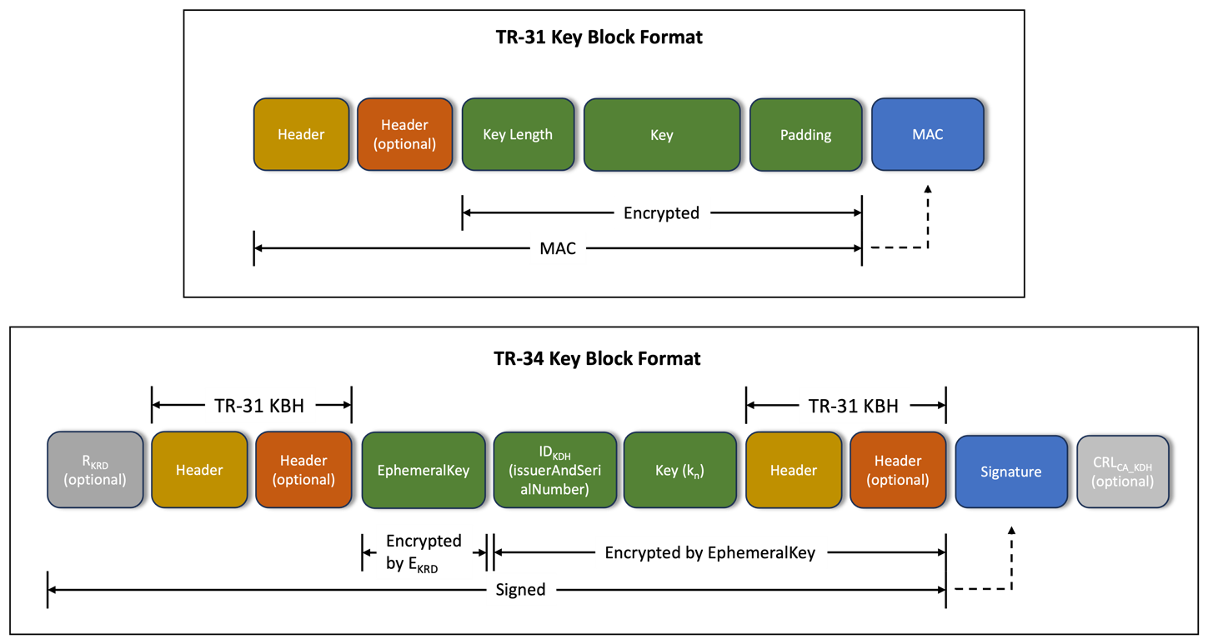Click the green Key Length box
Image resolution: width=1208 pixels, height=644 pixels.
(x=518, y=135)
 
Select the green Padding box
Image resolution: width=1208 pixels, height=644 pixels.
(x=805, y=135)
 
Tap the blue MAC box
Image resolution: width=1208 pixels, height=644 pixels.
(x=927, y=135)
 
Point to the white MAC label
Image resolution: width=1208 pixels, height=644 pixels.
(x=558, y=248)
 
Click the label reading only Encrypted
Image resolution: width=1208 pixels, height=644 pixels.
(x=662, y=212)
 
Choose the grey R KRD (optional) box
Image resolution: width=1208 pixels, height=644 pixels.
(x=95, y=470)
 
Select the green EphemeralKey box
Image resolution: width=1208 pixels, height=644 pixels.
(x=424, y=470)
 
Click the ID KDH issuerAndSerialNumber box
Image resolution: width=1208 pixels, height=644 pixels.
(x=554, y=470)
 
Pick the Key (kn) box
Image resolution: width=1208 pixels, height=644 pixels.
(x=679, y=470)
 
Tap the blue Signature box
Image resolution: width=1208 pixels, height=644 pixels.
(x=1010, y=472)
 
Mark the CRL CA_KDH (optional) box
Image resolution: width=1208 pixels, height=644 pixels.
(x=1122, y=472)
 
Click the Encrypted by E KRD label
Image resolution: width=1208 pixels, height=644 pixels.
(x=424, y=552)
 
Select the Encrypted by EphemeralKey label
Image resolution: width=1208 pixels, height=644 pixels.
(x=710, y=552)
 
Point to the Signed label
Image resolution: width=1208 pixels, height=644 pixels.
(x=521, y=589)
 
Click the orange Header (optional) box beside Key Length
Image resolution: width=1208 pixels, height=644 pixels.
(x=404, y=135)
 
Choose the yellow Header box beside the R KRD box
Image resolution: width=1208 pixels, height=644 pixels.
(x=199, y=470)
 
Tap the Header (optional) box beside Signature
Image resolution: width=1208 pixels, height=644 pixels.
(x=898, y=470)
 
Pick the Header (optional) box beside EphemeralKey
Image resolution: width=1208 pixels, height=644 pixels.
(x=303, y=470)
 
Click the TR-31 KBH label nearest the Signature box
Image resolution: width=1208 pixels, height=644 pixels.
(x=854, y=407)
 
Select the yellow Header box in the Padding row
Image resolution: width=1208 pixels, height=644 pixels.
(x=301, y=135)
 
